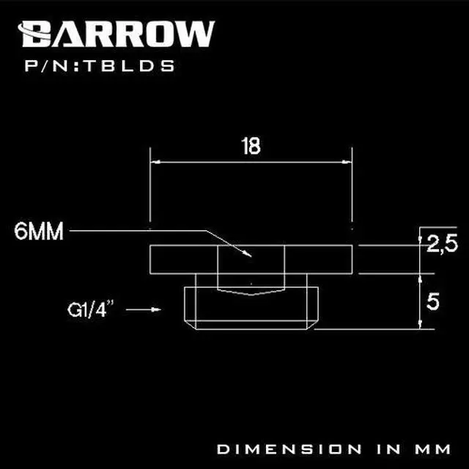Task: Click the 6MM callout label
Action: (38, 232)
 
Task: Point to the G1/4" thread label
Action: (78, 310)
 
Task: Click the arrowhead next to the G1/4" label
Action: (154, 311)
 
